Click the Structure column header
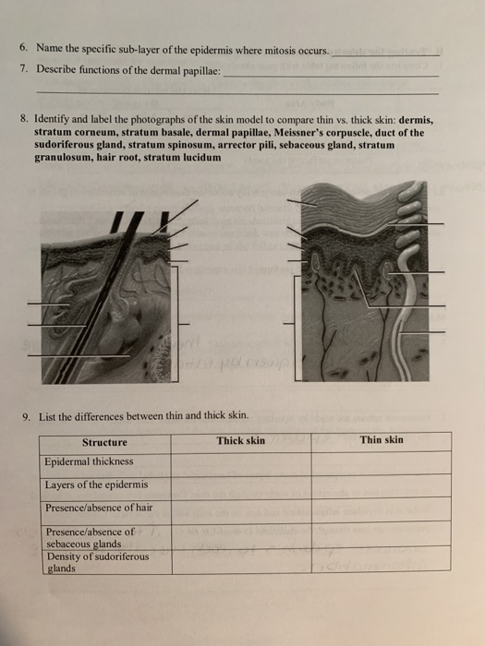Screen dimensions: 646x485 [x=104, y=441]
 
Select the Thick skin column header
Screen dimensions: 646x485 [x=240, y=440]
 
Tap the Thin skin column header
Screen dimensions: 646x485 [x=382, y=439]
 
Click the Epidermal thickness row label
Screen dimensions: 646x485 [x=89, y=461]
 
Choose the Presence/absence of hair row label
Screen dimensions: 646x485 [x=99, y=508]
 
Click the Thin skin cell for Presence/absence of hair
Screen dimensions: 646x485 [x=382, y=508]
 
